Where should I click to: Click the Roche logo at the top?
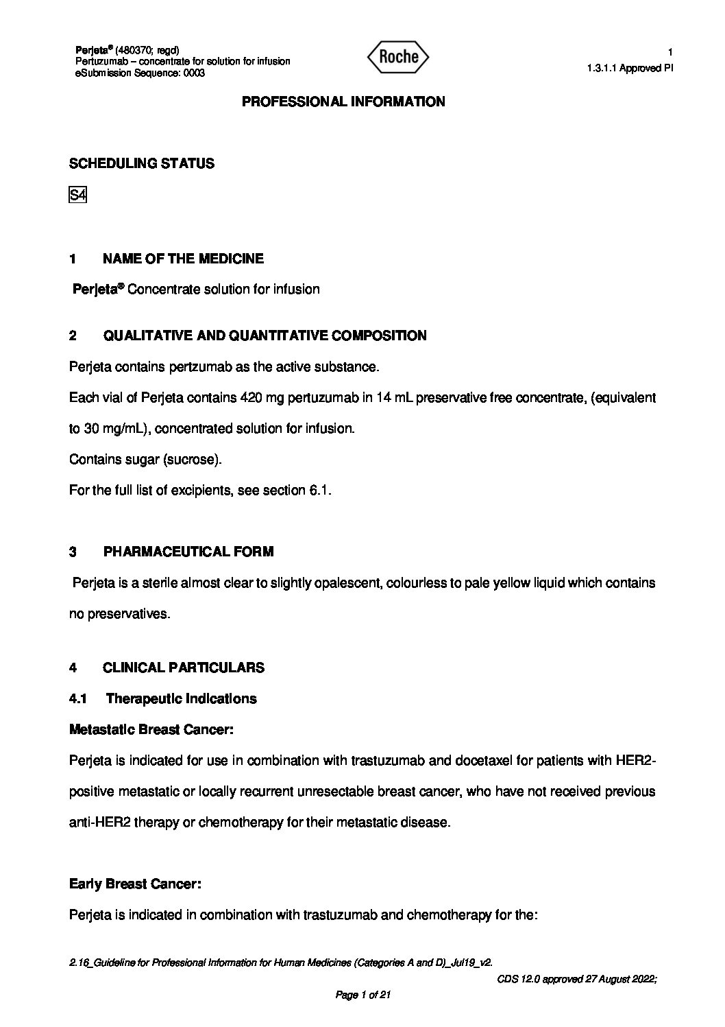398,57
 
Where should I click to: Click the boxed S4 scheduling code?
77,196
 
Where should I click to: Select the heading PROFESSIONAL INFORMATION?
343,102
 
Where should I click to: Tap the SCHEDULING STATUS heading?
142,163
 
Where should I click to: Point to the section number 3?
73,552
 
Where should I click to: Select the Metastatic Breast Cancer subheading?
151,729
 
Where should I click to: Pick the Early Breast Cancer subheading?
135,884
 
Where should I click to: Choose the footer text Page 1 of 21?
362,995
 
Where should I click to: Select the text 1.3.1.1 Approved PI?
630,68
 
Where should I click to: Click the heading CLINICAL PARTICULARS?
184,668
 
